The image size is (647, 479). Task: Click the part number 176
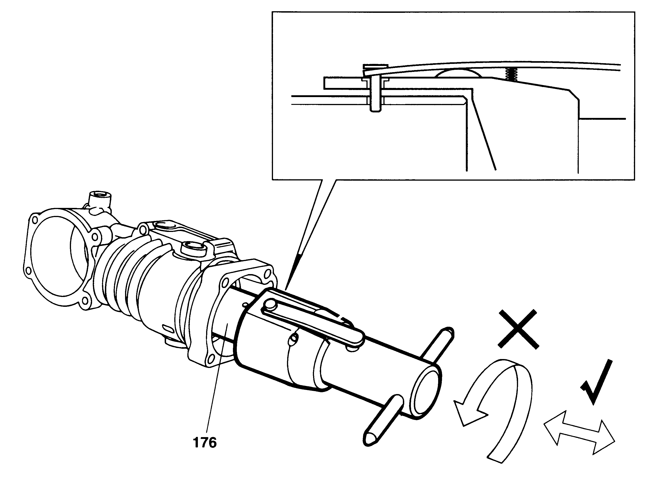(205, 443)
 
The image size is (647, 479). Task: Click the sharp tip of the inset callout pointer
(286, 290)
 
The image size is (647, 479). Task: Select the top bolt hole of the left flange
(35, 220)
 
